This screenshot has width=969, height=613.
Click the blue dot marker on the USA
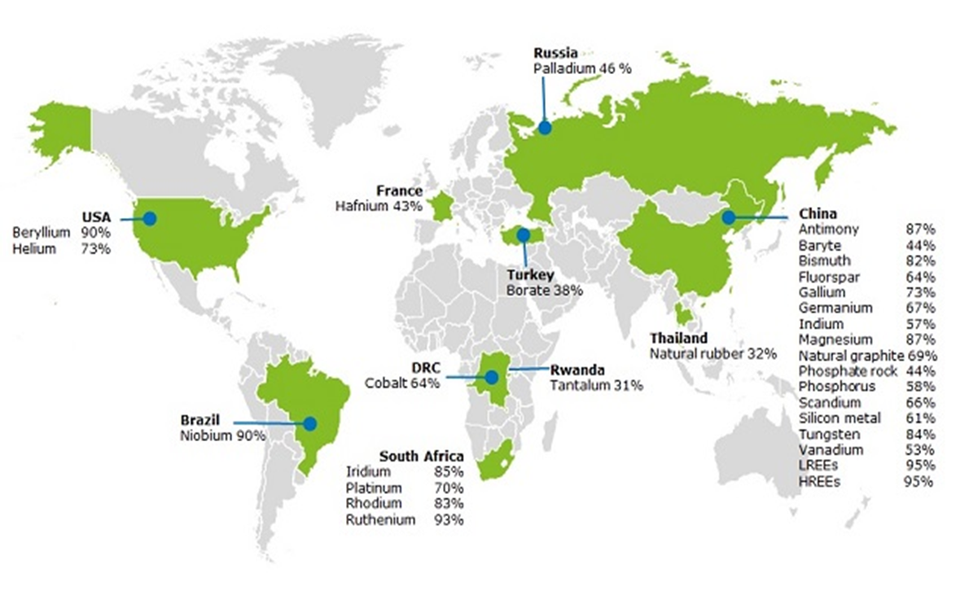tap(149, 218)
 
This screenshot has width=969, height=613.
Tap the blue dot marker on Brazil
tap(309, 423)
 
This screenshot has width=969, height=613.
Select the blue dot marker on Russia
tap(544, 127)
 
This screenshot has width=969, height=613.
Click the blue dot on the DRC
tap(491, 377)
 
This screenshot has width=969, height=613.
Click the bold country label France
tap(399, 191)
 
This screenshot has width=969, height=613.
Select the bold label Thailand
tap(678, 338)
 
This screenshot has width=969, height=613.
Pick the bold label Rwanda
tap(577, 370)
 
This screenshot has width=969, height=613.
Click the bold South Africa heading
tap(421, 456)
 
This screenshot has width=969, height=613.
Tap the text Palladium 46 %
tap(582, 68)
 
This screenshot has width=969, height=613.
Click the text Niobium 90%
tap(222, 436)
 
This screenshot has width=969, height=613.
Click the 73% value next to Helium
tap(95, 249)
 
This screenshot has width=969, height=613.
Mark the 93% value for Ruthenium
tap(449, 519)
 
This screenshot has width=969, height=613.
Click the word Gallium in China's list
tap(822, 292)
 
